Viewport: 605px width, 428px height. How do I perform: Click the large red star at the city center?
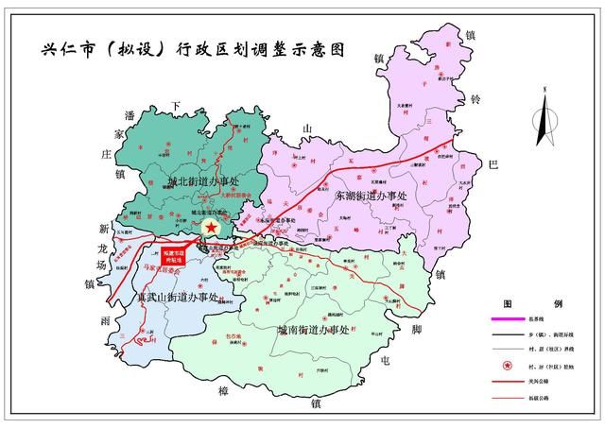pyautogui.click(x=212, y=229)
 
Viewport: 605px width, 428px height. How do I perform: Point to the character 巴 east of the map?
pyautogui.click(x=493, y=163)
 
